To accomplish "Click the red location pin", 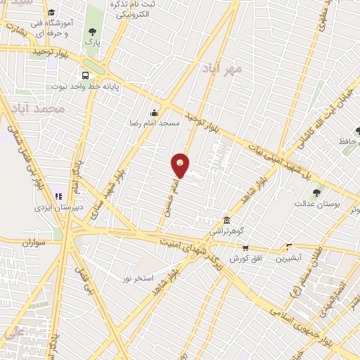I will pos(181,165).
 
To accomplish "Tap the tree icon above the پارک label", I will pos(93,32).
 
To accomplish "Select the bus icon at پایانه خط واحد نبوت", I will pos(85,75).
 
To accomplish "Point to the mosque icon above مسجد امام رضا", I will pos(154,112).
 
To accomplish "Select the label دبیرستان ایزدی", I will pos(60,208).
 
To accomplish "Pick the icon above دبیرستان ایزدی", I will pos(59,197).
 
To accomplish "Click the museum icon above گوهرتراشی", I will pos(226,220).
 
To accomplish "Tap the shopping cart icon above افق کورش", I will pos(245,247).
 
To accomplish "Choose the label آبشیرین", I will pos(288,257).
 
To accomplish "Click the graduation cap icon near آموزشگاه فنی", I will pos(51,13).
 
